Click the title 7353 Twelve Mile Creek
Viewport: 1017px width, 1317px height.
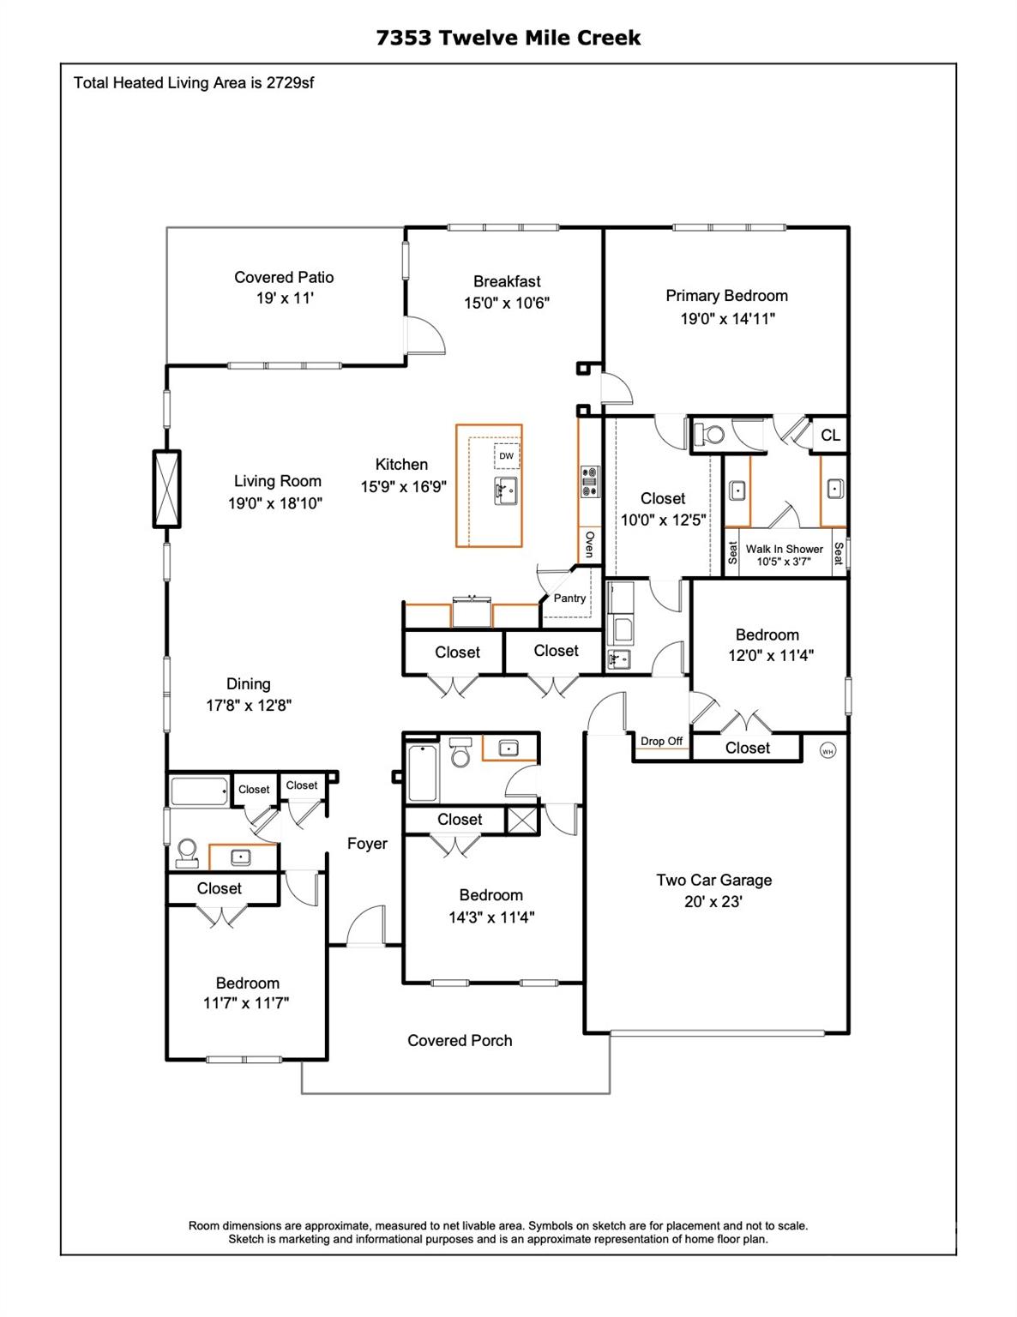508,38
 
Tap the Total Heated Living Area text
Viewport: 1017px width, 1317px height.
193,83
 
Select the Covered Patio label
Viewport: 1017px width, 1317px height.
284,278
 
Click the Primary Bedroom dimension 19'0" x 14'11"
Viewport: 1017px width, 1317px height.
727,319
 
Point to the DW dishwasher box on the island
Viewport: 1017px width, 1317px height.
507,456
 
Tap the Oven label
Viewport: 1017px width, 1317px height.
589,544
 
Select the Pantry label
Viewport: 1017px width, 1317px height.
569,598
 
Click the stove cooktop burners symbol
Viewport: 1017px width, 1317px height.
589,482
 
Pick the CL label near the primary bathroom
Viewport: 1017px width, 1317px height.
830,436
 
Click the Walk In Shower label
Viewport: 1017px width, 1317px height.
784,550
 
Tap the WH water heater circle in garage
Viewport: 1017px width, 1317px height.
827,751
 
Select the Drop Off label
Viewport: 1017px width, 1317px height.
661,742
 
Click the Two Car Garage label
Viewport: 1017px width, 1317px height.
713,881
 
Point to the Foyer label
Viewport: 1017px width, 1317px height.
367,844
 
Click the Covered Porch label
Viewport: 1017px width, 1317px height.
460,1041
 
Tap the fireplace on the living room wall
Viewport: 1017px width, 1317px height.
166,488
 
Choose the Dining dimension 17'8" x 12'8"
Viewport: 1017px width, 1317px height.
249,706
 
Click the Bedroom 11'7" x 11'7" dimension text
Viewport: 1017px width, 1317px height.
246,1003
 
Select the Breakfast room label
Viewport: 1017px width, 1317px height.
507,281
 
